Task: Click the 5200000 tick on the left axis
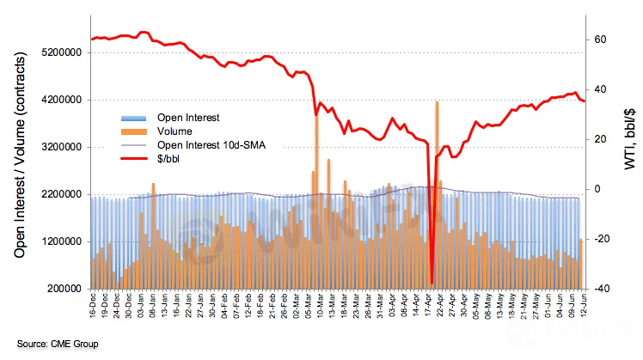(x=63, y=52)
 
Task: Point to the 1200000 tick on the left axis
(x=63, y=241)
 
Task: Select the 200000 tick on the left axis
(x=65, y=289)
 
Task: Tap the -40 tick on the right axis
(x=600, y=289)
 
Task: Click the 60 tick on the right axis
(x=600, y=40)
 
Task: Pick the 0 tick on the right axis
(x=598, y=189)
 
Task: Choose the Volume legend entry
(x=175, y=131)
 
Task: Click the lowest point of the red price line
(x=432, y=284)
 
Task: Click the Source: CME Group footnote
(x=57, y=344)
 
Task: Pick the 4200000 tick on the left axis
(x=63, y=100)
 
